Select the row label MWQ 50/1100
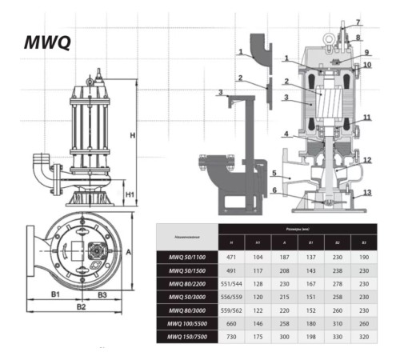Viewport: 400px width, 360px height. tap(187, 257)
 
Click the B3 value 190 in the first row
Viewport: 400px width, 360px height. tap(364, 257)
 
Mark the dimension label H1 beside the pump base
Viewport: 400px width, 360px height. tap(128, 194)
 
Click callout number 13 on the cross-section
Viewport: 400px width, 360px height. tap(368, 193)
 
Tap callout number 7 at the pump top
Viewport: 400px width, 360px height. tap(358, 22)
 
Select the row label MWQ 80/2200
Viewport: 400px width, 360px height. tap(187, 282)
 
